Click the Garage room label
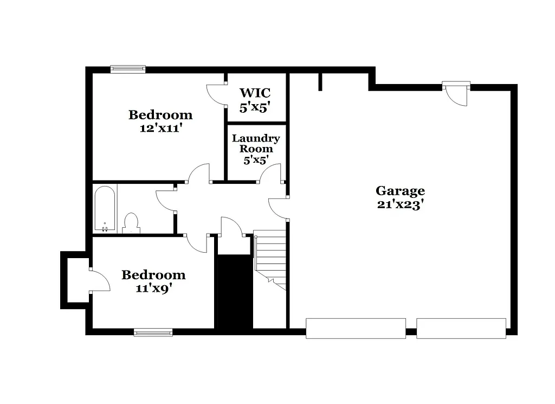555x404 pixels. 400,191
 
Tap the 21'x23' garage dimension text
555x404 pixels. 400,205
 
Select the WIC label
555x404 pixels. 255,93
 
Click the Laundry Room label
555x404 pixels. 256,143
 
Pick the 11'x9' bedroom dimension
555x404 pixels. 154,288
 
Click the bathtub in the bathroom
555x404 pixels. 105,209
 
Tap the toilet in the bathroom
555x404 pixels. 131,223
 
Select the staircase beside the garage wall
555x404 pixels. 270,258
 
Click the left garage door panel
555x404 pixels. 356,328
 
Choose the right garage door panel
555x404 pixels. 461,328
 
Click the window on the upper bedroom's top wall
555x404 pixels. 128,69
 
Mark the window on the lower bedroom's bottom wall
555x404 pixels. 153,332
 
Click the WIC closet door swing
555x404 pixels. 216,95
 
